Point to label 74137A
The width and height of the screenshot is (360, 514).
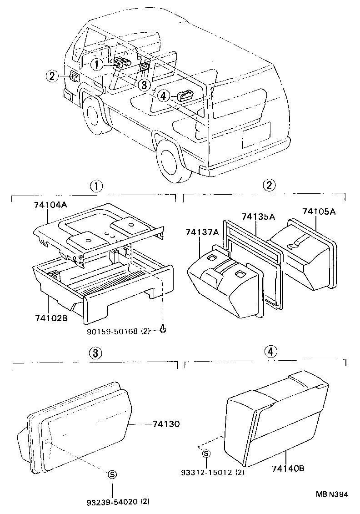pyautogui.click(x=202, y=232)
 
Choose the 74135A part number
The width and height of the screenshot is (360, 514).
pyautogui.click(x=258, y=217)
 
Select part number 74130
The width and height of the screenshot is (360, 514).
pyautogui.click(x=166, y=424)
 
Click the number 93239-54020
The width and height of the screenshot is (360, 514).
pyautogui.click(x=112, y=502)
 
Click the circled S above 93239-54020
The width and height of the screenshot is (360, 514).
pyautogui.click(x=111, y=474)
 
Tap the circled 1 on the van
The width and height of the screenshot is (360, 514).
pyautogui.click(x=96, y=65)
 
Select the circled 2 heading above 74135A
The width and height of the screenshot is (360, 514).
pyautogui.click(x=269, y=185)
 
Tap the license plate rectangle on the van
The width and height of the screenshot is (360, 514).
pyautogui.click(x=256, y=135)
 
